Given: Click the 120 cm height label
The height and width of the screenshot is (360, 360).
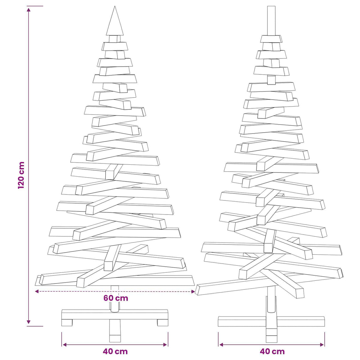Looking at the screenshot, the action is coord(21,175).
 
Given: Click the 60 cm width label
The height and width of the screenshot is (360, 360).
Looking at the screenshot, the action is coord(116,298).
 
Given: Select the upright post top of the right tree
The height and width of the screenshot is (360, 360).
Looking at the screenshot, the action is coord(271,21).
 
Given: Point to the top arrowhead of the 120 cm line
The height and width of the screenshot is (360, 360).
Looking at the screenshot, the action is coord(28,10).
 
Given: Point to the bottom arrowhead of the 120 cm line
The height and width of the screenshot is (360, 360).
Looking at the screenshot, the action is coord(28,322).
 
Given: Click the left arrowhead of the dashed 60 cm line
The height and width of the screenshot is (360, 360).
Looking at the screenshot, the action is coord(37,291).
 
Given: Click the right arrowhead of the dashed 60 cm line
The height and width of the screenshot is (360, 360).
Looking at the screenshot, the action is coord(193,291).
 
